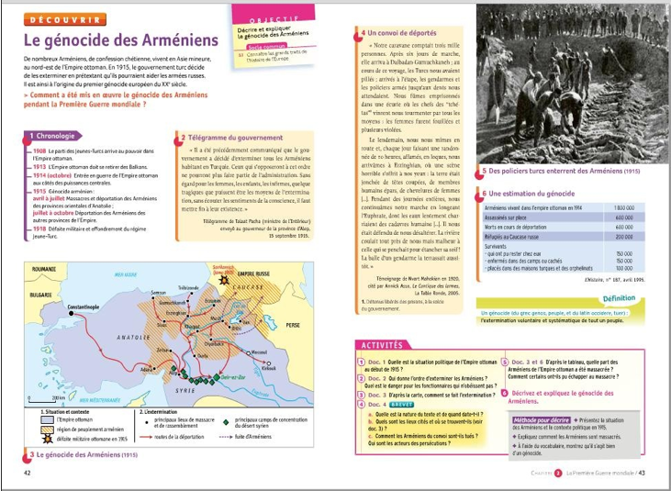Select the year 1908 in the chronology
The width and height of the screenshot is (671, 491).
point(39,151)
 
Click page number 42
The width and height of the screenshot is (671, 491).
point(28,472)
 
